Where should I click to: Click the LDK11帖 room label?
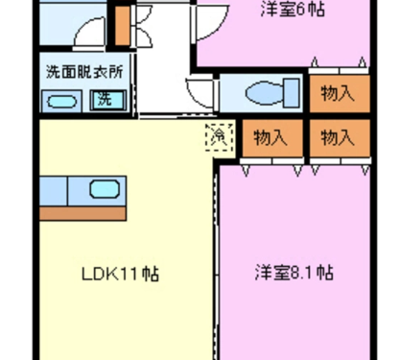120,274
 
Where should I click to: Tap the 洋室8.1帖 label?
294,273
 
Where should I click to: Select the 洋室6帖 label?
293,9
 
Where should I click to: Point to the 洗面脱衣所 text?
84,72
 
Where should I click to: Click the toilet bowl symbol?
265,92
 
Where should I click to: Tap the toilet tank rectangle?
292,92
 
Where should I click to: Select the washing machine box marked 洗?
107,100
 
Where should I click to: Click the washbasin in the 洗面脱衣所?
61,102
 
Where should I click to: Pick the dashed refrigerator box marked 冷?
220,137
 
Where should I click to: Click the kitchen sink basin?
105,189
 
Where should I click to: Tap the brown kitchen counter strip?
82,213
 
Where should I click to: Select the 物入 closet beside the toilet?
340,93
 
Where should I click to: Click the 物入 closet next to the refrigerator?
272,138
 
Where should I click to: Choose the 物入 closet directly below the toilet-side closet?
340,138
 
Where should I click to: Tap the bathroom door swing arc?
84,28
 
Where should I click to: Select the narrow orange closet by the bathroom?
123,26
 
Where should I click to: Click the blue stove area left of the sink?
54,191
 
